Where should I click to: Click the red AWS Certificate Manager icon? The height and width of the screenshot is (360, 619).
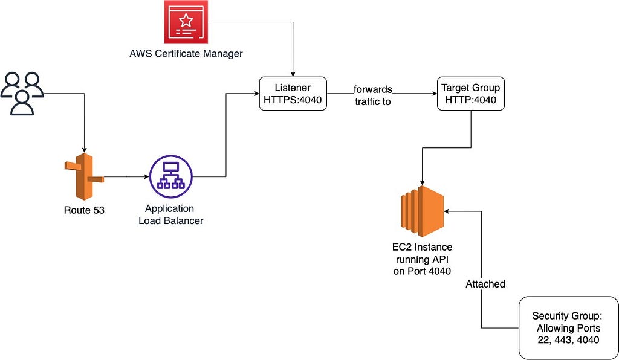186,23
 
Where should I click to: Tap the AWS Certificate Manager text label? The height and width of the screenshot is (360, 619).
186,54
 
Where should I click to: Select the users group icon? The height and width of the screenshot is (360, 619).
22,93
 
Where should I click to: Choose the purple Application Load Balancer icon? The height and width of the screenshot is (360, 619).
170,176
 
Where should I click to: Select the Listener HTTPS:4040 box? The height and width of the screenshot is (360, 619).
293,94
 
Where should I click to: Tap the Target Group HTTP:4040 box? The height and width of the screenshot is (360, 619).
470,94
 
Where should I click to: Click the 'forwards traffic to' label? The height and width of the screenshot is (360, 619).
372,95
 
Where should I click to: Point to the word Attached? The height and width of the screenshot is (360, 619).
485,284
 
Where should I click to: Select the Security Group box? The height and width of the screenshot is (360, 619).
566,328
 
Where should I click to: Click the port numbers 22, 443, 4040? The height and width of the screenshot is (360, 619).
566,340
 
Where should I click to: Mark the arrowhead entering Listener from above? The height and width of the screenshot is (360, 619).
293,74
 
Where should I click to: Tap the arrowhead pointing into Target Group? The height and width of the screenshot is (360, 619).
433,94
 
